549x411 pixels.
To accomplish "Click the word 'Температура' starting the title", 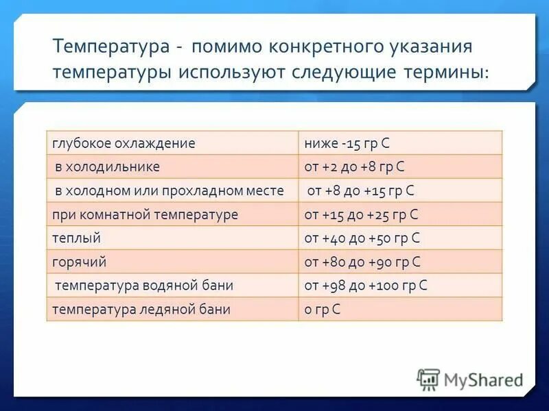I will coord(110,48).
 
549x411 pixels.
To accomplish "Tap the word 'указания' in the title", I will coord(432,48).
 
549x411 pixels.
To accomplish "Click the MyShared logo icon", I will coord(428,379).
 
